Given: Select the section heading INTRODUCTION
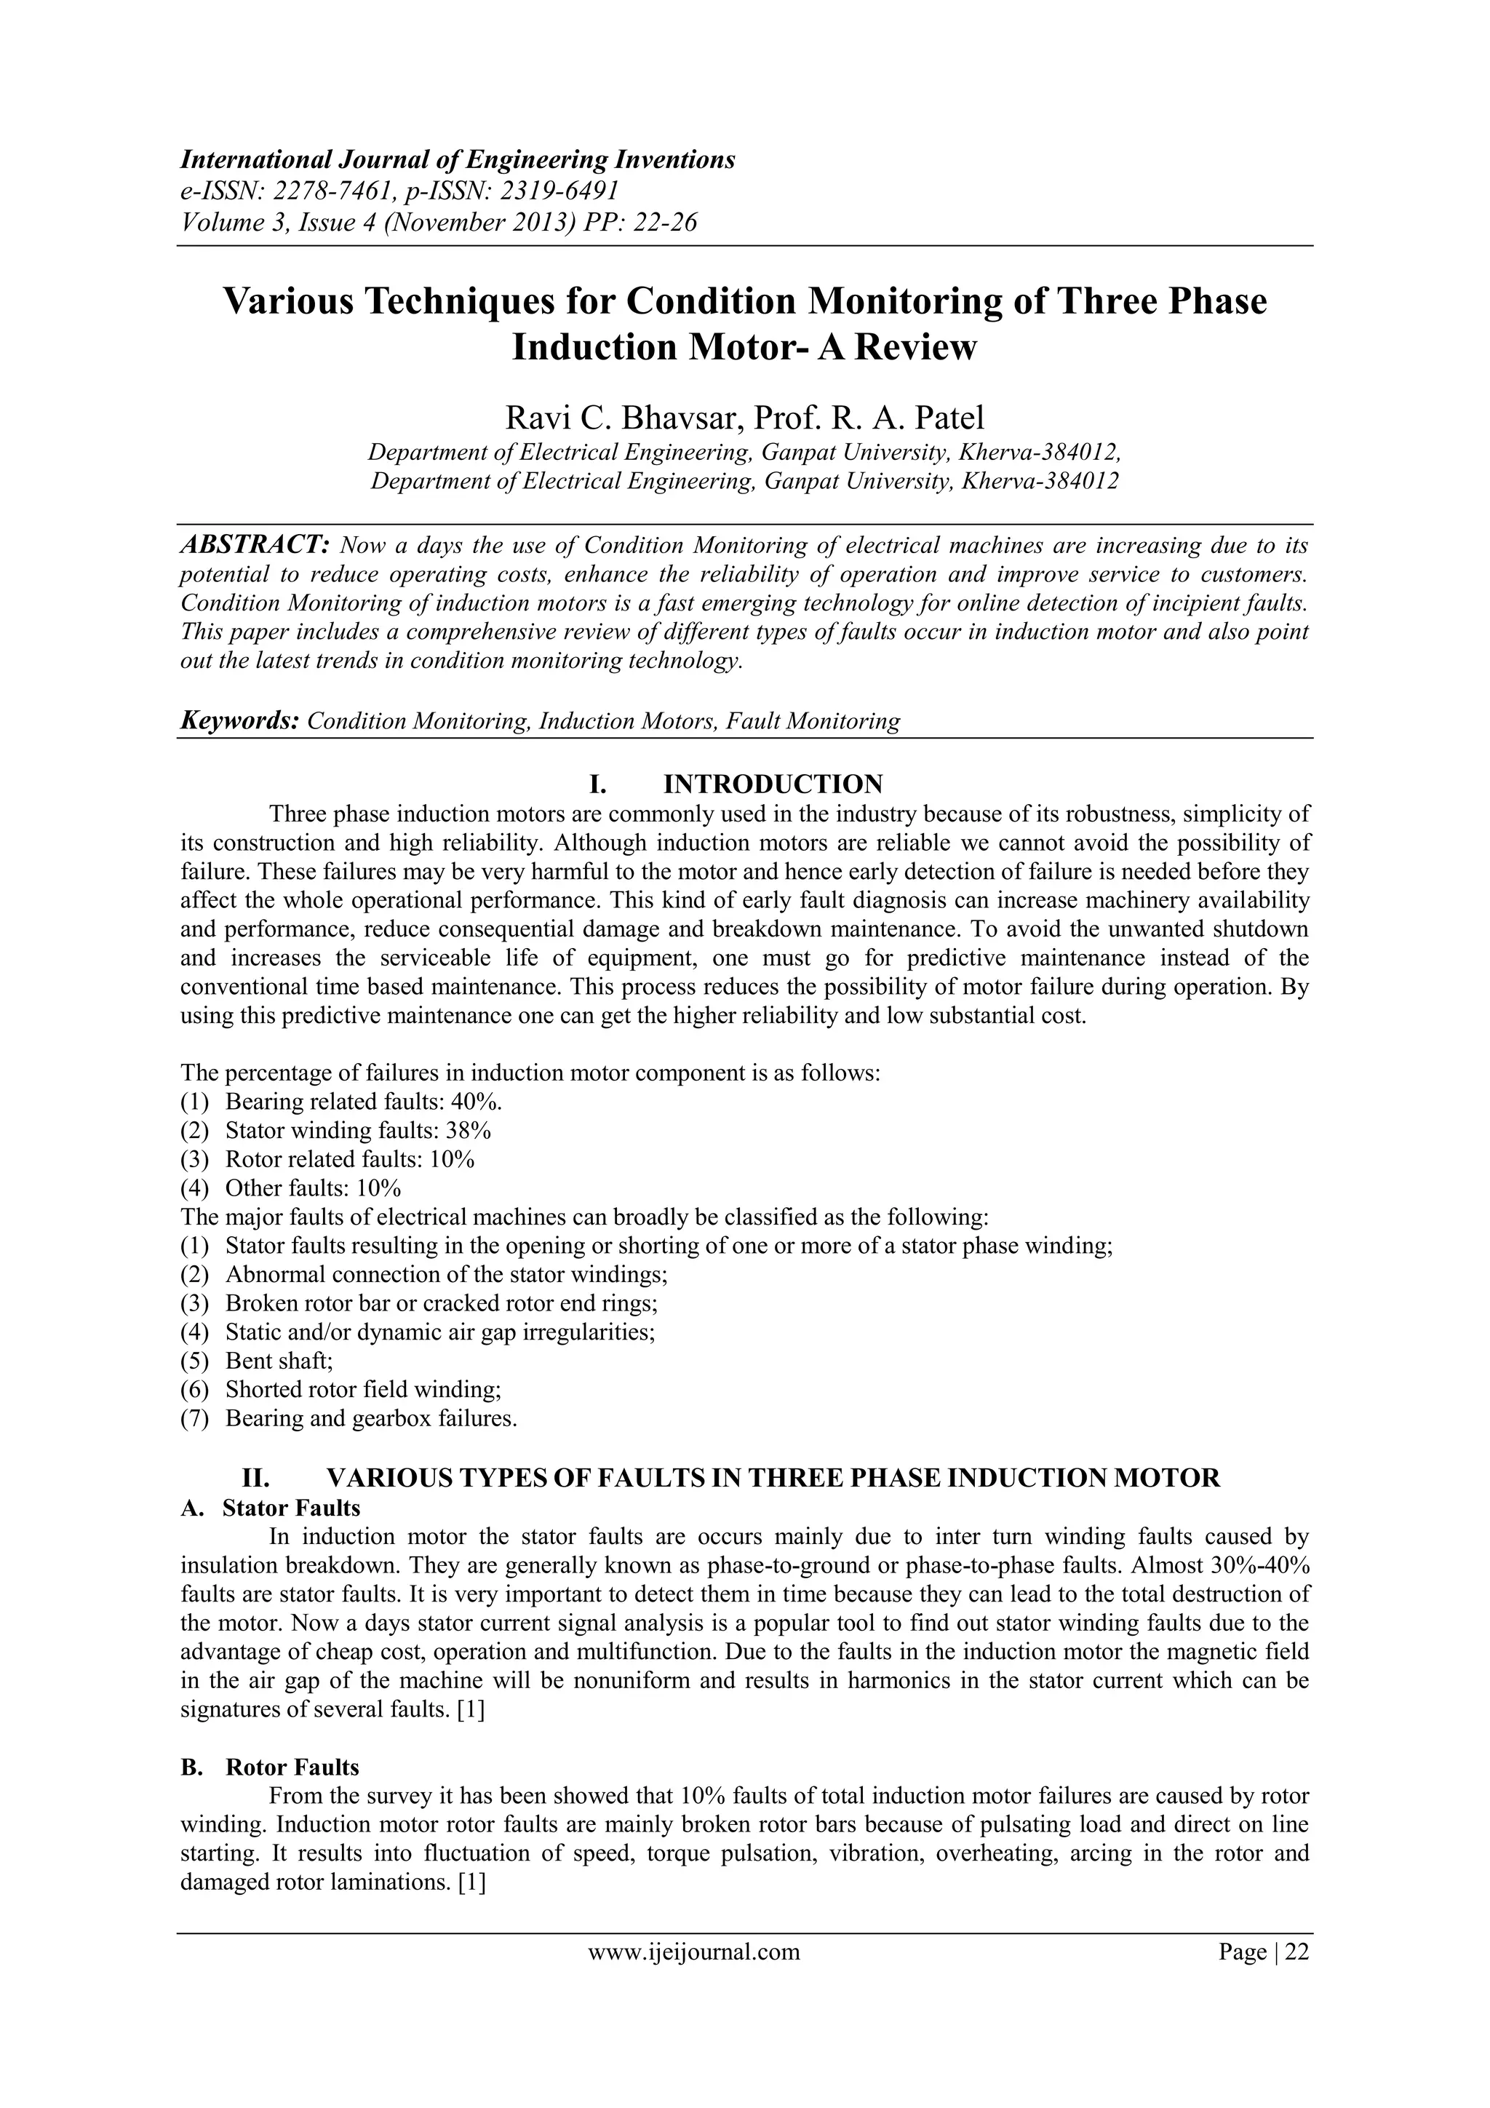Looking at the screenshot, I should click(x=772, y=784).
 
